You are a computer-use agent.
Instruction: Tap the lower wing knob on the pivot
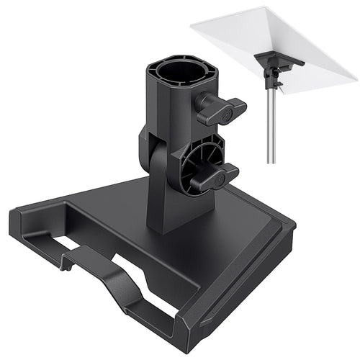220,175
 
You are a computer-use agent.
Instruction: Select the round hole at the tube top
173,73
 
